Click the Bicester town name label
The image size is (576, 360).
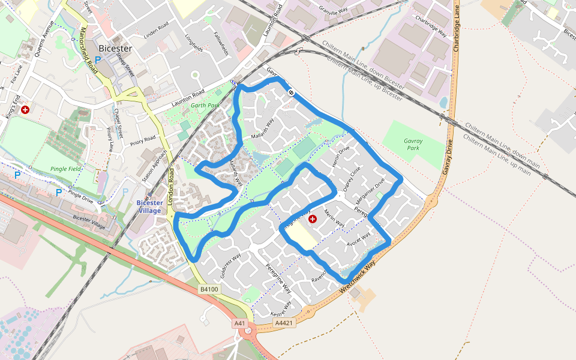click(131, 49)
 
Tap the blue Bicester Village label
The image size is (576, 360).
click(149, 207)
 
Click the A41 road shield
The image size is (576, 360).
click(240, 323)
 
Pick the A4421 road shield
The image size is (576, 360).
click(283, 323)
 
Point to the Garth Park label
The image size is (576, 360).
click(202, 106)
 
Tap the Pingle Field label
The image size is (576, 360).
click(65, 169)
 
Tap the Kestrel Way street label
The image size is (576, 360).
click(281, 308)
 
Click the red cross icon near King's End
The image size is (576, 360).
click(25, 110)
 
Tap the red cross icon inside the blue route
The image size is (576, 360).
click(312, 220)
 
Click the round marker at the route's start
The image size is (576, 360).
click(290, 92)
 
